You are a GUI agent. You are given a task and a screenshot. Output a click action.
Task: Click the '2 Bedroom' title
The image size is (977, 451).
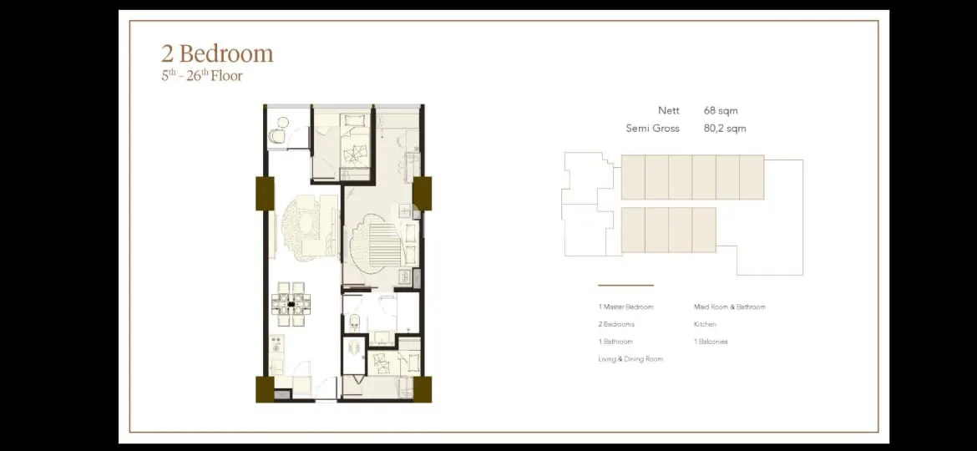[x=217, y=53]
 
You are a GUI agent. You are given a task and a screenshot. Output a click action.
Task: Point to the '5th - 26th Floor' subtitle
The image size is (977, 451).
[x=202, y=76]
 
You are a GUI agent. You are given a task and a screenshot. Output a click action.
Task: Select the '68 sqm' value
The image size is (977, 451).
[x=721, y=111]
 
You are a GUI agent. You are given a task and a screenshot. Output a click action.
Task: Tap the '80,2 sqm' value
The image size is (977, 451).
[x=725, y=129]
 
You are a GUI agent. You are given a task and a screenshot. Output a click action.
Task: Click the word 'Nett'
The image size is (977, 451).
[x=669, y=111]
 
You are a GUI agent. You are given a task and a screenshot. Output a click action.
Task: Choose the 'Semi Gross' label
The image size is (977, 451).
[x=652, y=129]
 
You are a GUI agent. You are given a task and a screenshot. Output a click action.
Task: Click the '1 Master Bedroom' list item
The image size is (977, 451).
[x=625, y=307]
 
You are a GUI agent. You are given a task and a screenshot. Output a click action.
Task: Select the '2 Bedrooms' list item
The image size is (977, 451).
[x=616, y=325]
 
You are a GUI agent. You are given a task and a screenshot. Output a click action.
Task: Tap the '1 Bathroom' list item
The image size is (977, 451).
[x=615, y=342]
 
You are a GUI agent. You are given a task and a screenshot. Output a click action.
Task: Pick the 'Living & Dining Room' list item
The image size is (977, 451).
[x=630, y=359]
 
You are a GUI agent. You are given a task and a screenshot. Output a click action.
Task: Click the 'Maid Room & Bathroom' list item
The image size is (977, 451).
[x=730, y=307]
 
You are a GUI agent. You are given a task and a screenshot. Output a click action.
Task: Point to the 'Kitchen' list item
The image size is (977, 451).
[x=706, y=325]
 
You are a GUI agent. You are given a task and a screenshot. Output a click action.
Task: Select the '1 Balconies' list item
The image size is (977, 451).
[x=711, y=342]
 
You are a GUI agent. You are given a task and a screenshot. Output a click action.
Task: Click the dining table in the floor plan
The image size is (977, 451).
[x=291, y=305]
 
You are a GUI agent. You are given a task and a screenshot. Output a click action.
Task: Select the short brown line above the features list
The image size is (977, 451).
[x=625, y=286]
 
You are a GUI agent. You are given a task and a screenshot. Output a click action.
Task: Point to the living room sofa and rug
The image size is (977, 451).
[x=308, y=225]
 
